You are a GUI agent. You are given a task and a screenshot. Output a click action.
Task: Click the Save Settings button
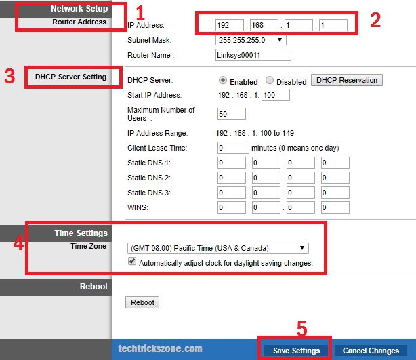pyautogui.click(x=296, y=351)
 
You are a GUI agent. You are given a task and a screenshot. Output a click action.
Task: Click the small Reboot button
pyautogui.click(x=142, y=302)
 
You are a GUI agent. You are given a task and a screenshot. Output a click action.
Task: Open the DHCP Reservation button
pyautogui.click(x=347, y=80)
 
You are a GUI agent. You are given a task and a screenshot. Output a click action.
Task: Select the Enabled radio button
pyautogui.click(x=223, y=80)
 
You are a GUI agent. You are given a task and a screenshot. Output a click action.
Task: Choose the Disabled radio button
pyautogui.click(x=270, y=80)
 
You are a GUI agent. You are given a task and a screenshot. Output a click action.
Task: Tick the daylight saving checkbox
pyautogui.click(x=132, y=261)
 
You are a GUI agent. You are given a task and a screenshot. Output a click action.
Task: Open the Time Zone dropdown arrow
pyautogui.click(x=302, y=248)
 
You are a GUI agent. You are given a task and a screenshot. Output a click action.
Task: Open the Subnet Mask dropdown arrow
pyautogui.click(x=280, y=40)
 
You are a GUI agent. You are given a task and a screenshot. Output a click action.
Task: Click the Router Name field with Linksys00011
pyautogui.click(x=253, y=55)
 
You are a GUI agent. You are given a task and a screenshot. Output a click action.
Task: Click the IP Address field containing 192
pyautogui.click(x=230, y=25)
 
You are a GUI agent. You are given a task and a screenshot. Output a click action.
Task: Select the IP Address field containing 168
pyautogui.click(x=264, y=25)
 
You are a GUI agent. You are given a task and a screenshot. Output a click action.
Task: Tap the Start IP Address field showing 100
pyautogui.click(x=276, y=95)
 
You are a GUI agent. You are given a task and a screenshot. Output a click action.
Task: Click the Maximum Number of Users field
pyautogui.click(x=231, y=114)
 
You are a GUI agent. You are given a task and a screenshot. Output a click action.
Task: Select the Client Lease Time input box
pyautogui.click(x=233, y=148)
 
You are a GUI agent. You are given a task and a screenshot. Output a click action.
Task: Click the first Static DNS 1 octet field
pyautogui.click(x=232, y=163)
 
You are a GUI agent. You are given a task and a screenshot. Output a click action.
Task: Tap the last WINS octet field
pyautogui.click(x=335, y=207)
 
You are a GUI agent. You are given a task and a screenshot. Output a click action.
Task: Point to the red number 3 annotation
pyautogui.click(x=9, y=77)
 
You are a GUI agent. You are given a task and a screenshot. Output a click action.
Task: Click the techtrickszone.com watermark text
pyautogui.click(x=161, y=348)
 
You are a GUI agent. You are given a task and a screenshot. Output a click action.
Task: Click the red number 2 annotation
pyautogui.click(x=375, y=20)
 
